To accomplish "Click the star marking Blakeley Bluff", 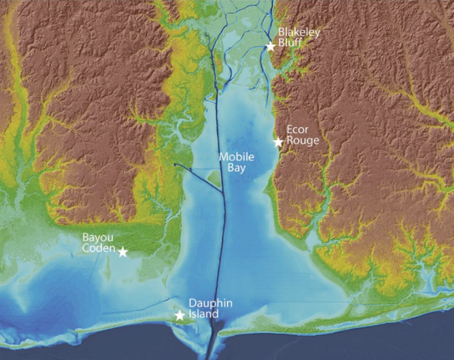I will click(270, 46).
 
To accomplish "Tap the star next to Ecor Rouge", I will click(278, 142).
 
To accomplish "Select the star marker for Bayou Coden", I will click(123, 252).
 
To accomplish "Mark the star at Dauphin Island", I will click(180, 315).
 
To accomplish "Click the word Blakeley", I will click(296, 33).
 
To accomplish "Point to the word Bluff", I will click(289, 44).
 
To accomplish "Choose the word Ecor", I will click(296, 129).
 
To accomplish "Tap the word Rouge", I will click(299, 139).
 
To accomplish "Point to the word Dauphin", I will click(204, 303).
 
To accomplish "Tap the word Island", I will click(204, 314).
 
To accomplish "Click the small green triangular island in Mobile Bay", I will click(214, 179).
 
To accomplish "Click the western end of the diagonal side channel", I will click(174, 164).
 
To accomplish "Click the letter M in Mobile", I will click(222, 157).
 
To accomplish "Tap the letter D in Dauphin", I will click(191, 303).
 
